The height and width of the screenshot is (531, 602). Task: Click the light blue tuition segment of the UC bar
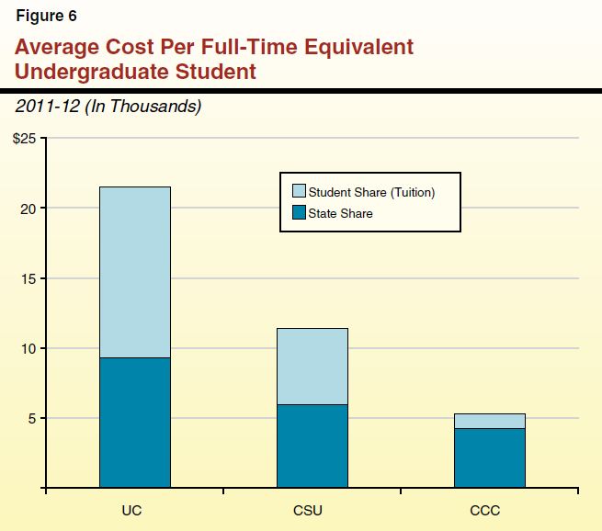[x=135, y=272]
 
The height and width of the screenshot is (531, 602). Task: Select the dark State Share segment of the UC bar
[x=135, y=422]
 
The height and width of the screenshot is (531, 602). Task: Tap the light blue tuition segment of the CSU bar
[x=312, y=366]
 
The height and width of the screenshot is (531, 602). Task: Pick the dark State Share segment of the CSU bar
[x=312, y=446]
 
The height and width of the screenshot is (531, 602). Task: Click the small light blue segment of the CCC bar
[x=490, y=421]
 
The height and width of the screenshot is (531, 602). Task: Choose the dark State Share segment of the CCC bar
[x=490, y=458]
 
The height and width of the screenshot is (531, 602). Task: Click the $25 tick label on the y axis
[x=23, y=139]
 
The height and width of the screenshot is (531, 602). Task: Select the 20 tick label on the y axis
[x=28, y=209]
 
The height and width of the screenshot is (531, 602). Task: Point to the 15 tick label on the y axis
[x=28, y=278]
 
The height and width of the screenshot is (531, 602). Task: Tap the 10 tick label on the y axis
[x=28, y=348]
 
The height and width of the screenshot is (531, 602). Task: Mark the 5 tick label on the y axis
[x=31, y=418]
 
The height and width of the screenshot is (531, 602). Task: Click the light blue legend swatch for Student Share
[x=298, y=192]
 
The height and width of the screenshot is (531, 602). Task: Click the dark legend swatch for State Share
[x=298, y=213]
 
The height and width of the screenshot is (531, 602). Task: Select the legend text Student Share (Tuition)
[x=371, y=192]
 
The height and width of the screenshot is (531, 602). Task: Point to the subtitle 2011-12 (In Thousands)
[x=108, y=107]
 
